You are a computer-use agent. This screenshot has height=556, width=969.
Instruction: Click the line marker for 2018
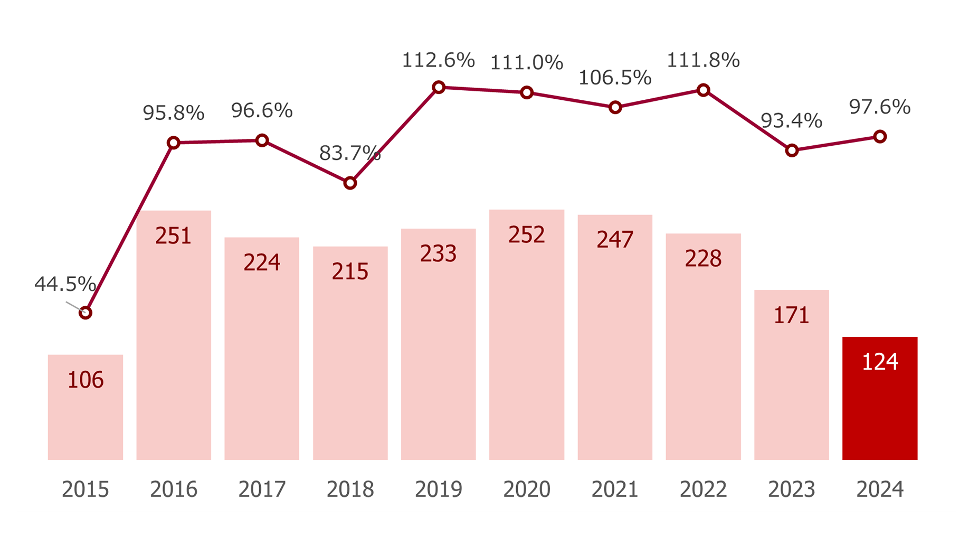350,183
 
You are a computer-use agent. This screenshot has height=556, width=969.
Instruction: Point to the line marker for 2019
439,87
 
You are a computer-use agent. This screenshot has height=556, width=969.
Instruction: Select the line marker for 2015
85,313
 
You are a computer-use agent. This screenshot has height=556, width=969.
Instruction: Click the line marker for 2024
880,137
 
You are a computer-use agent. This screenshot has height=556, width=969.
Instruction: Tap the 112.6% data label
438,60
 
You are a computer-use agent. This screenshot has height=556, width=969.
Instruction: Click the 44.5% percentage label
65,284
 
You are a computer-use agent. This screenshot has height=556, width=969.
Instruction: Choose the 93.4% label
791,121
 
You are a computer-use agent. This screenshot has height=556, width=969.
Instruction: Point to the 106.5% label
615,78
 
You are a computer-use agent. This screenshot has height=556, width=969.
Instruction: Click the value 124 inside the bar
880,362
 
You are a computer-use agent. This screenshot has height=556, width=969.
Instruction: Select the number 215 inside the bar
350,271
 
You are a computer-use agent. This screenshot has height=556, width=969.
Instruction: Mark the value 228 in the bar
703,259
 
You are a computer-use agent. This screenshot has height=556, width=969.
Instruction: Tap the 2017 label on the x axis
262,489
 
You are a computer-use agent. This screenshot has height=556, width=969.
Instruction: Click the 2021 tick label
615,489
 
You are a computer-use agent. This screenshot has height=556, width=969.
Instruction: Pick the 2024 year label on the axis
880,489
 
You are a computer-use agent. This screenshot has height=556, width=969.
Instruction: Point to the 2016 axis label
174,489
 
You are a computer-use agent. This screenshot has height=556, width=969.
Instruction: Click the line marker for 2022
703,90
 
